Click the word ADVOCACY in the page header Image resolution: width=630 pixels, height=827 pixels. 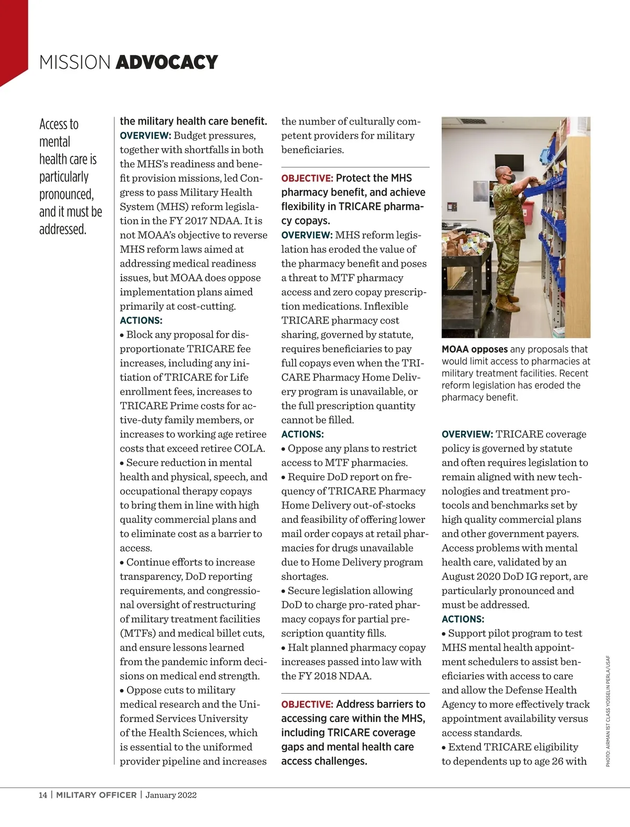166,62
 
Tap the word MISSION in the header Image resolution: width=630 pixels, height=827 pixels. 75,62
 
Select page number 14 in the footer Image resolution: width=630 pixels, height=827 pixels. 43,795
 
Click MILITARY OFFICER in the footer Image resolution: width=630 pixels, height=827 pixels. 97,795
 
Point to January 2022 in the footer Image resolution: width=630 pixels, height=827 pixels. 171,795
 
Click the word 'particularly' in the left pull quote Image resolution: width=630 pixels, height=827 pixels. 64,177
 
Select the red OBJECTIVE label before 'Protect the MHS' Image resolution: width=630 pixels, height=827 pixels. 307,179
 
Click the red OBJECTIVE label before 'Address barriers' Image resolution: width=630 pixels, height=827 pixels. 307,705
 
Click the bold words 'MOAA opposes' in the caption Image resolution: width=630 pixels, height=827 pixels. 475,349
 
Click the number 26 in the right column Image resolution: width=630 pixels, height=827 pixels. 557,761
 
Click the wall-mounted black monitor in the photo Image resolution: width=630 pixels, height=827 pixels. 509,163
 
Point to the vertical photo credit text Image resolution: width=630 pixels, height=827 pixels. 608,711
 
